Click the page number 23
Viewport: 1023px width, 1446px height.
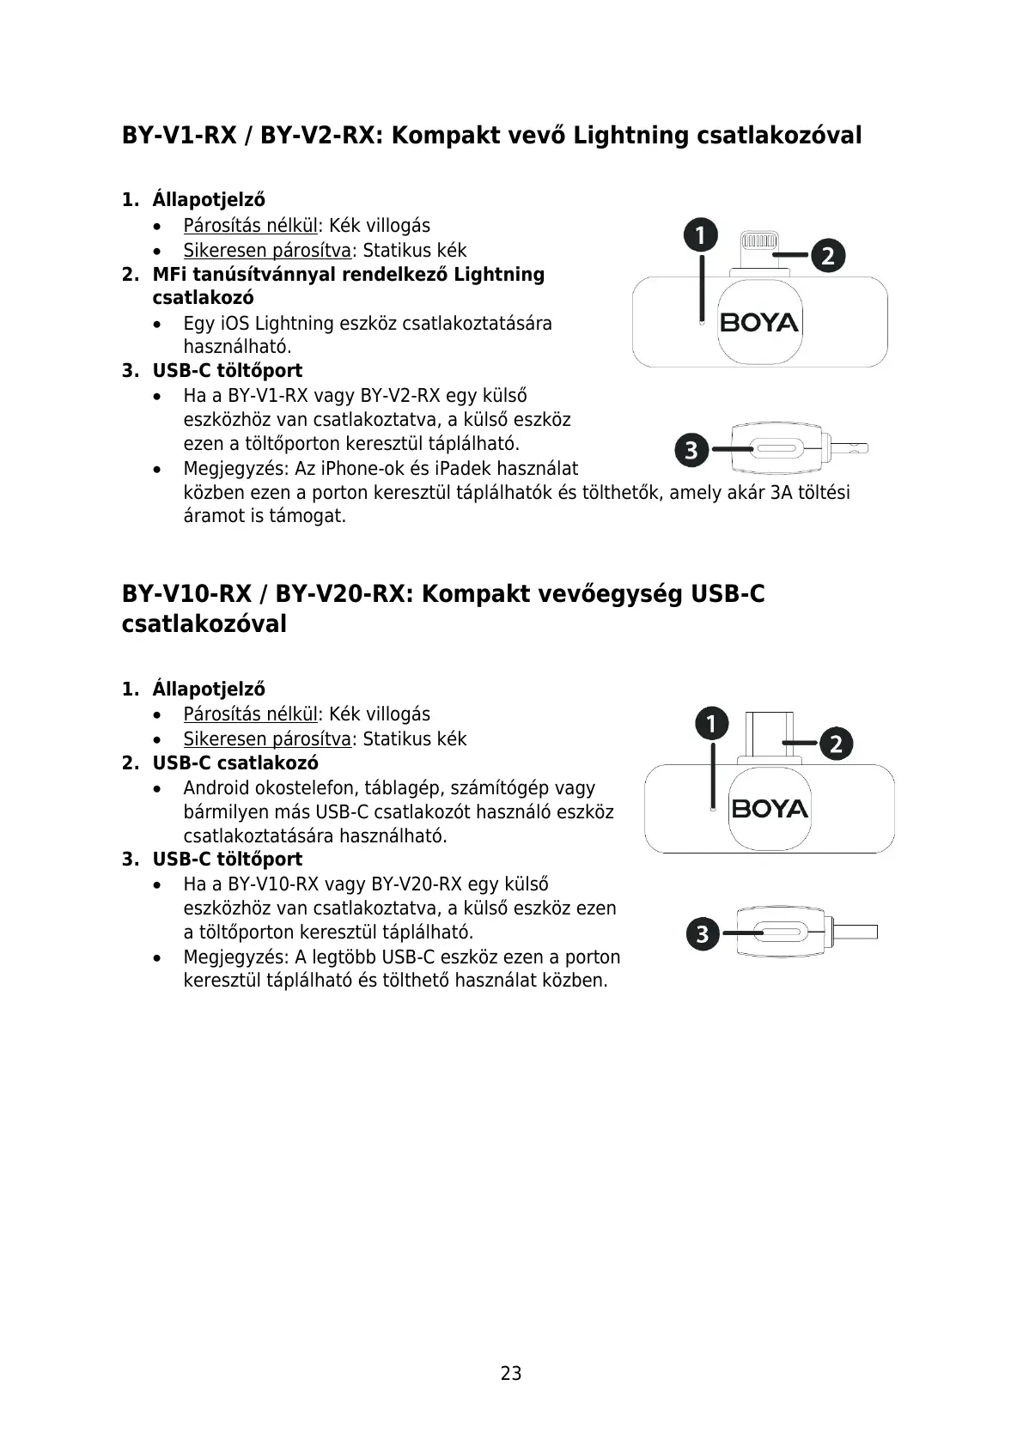click(511, 1373)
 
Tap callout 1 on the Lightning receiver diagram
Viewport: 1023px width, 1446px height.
click(701, 235)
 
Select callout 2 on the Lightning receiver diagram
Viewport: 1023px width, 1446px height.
click(827, 255)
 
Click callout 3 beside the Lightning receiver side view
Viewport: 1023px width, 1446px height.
click(691, 448)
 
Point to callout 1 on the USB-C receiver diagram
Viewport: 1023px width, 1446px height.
click(711, 724)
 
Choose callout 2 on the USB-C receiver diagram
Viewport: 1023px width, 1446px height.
click(836, 743)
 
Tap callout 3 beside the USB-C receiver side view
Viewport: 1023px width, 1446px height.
click(703, 933)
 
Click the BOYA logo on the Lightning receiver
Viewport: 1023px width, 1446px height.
click(759, 323)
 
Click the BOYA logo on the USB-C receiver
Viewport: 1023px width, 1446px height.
click(770, 809)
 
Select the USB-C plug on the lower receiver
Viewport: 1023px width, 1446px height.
click(770, 732)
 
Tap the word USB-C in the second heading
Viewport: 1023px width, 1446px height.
click(728, 594)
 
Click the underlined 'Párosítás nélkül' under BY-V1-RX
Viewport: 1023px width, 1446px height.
click(250, 226)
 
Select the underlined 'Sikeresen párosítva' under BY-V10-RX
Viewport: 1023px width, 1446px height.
click(267, 739)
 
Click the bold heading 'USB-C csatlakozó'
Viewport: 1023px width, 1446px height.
click(234, 763)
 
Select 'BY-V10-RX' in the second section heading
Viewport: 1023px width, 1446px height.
click(187, 594)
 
